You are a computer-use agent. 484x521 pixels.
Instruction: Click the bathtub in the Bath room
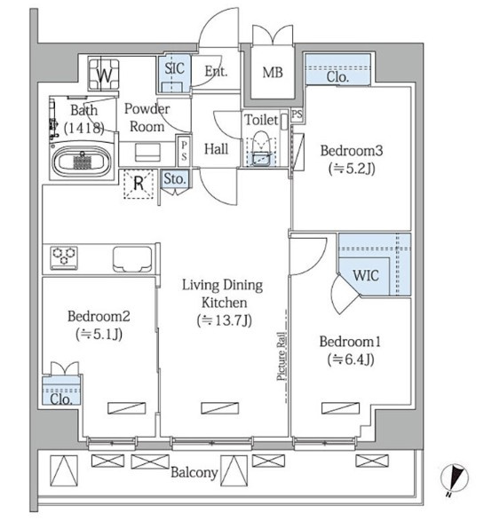coord(82,162)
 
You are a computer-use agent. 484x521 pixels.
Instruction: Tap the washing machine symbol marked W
coord(105,74)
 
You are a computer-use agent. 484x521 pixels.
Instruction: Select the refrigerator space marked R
coord(139,184)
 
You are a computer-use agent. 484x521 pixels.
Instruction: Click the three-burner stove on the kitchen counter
coord(64,258)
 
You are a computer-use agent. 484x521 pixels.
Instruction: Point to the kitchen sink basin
coord(132,259)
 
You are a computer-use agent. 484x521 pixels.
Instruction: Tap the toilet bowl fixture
coord(261,148)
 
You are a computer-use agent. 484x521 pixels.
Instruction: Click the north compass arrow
coord(455,478)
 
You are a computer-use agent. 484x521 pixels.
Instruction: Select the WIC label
coord(366,275)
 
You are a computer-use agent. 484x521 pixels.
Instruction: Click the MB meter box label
coord(273,72)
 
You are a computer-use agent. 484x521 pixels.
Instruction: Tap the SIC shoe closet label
coord(175,68)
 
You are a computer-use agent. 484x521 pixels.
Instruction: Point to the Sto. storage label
coord(175,178)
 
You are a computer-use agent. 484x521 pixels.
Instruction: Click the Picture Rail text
coord(282,356)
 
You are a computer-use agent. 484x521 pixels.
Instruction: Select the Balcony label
coord(194,472)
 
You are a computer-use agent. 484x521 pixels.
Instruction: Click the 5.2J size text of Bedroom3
coord(352,169)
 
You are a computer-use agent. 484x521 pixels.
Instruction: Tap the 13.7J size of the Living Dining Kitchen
coord(224,320)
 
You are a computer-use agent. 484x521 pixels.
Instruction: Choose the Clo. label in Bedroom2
coord(61,399)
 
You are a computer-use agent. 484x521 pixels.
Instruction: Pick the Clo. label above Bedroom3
coord(337,76)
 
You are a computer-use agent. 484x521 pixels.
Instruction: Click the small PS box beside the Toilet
coord(298,114)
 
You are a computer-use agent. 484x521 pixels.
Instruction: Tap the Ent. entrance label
coord(216,71)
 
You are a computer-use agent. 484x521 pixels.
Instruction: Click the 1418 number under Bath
coord(84,128)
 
